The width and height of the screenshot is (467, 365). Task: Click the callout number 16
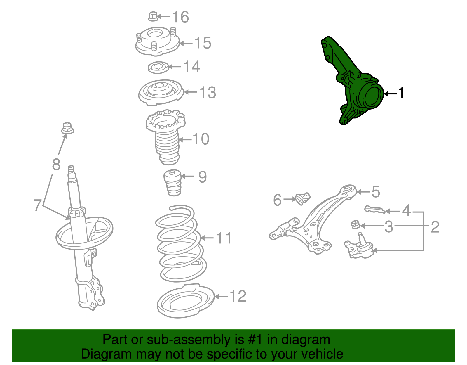180,17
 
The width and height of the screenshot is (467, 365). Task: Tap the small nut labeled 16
153,16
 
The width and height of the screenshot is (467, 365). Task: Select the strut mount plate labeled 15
157,41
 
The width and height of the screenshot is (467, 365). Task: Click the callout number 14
192,66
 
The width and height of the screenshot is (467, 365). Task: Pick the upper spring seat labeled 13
161,93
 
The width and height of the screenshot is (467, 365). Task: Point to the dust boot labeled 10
166,137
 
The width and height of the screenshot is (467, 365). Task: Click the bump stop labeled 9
172,183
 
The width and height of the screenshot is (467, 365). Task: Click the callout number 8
56,165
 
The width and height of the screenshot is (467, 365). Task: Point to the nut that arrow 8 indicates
67,128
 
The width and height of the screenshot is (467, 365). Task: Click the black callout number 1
401,93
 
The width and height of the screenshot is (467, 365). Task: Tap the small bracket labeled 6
303,198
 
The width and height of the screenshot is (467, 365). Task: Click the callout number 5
376,191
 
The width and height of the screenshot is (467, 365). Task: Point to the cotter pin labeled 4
375,210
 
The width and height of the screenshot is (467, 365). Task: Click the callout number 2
435,227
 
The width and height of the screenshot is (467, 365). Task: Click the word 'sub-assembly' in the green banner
195,340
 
